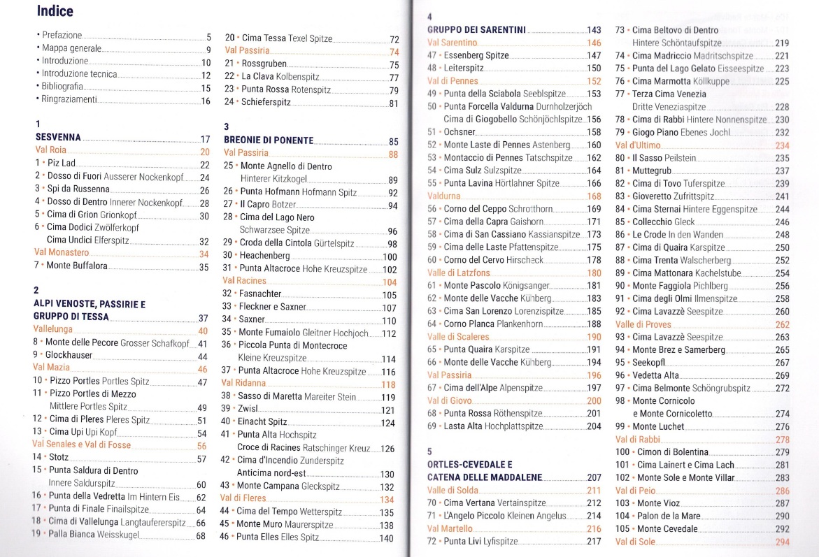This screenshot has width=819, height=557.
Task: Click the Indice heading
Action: (55, 11)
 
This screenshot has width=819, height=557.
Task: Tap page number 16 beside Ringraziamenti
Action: (206, 101)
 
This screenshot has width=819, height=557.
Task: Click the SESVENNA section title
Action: (59, 138)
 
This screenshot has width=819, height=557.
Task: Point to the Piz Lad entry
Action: (59, 164)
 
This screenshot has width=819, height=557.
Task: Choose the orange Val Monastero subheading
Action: (62, 253)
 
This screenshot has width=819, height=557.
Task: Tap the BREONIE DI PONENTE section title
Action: (269, 140)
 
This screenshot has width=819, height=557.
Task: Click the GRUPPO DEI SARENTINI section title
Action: (476, 29)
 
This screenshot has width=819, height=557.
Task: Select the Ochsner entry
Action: (460, 131)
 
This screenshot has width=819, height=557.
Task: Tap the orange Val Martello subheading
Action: (450, 528)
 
